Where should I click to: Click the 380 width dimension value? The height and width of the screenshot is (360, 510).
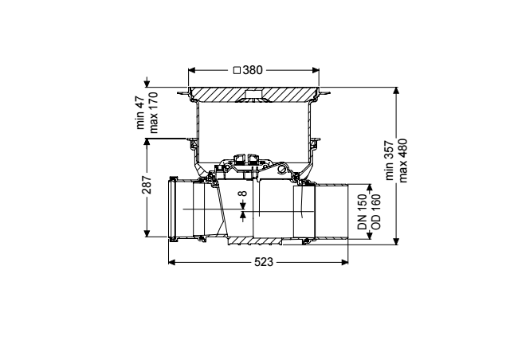[x=253, y=70]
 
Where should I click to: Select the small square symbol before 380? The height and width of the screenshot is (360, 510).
[x=237, y=70]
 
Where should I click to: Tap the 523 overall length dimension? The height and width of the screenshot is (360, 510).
[x=264, y=262]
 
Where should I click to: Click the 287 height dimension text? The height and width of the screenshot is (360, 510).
[x=147, y=185]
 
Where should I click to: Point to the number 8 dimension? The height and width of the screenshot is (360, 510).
[x=242, y=194]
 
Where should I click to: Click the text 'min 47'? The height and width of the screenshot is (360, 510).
[x=140, y=112]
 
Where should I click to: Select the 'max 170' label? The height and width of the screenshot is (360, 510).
[x=153, y=112]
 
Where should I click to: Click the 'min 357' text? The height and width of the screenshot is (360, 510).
[x=390, y=160]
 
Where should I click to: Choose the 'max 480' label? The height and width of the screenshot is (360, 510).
[x=402, y=160]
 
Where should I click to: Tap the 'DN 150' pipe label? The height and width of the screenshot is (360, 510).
[x=363, y=212]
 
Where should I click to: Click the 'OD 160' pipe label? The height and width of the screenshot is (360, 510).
[x=375, y=212]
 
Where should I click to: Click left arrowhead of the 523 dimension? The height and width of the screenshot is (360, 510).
[x=172, y=262]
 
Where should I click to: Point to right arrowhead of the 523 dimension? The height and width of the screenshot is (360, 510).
[x=345, y=262]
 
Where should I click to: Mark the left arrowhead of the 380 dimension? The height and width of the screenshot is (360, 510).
[x=191, y=70]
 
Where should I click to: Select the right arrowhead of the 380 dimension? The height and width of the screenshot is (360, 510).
[x=316, y=70]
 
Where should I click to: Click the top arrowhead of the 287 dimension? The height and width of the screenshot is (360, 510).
[x=147, y=142]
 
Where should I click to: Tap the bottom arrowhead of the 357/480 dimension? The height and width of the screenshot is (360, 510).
[x=396, y=241]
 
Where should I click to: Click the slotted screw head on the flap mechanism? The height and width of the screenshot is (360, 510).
[x=282, y=169]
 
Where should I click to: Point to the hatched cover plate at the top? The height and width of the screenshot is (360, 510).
[x=253, y=93]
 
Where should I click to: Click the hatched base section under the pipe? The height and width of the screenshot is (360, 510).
[x=255, y=241]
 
